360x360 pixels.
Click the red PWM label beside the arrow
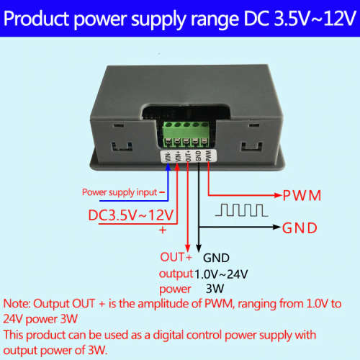click(x=302, y=195)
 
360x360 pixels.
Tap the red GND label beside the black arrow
click(x=300, y=228)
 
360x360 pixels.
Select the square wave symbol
click(x=242, y=210)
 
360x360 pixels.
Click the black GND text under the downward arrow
click(x=216, y=258)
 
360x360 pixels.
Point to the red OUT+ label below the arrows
click(x=176, y=257)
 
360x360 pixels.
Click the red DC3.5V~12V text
click(x=131, y=215)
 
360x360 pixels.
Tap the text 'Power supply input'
click(x=120, y=192)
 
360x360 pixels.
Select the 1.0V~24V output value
click(x=221, y=274)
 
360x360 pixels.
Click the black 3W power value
click(x=215, y=289)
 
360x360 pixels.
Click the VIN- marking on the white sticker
click(x=168, y=156)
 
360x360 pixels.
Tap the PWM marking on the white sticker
click(x=208, y=156)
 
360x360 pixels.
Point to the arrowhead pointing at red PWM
click(x=278, y=195)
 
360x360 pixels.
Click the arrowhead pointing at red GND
click(x=277, y=227)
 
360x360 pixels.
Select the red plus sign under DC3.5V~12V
click(x=163, y=230)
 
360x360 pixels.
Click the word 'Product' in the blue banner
click(x=36, y=19)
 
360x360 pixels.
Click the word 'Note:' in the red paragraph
click(x=17, y=304)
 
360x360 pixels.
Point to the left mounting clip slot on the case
click(x=122, y=147)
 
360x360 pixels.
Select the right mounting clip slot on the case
click(x=252, y=147)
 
